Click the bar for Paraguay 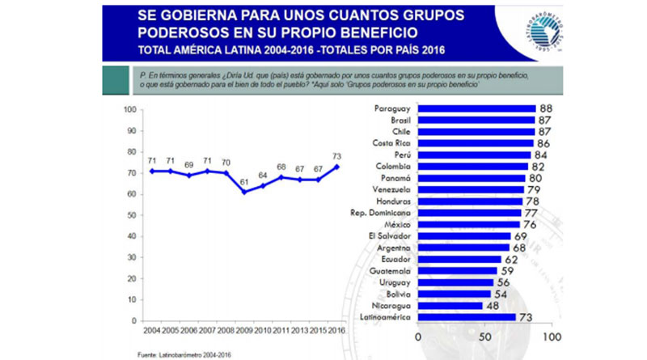coord(476,108)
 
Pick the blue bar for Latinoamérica coord(467,317)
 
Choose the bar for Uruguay coord(455,282)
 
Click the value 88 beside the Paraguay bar coord(546,108)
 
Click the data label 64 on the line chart coord(263,174)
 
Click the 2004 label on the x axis coord(151,332)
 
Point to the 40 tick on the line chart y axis coord(128,236)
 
